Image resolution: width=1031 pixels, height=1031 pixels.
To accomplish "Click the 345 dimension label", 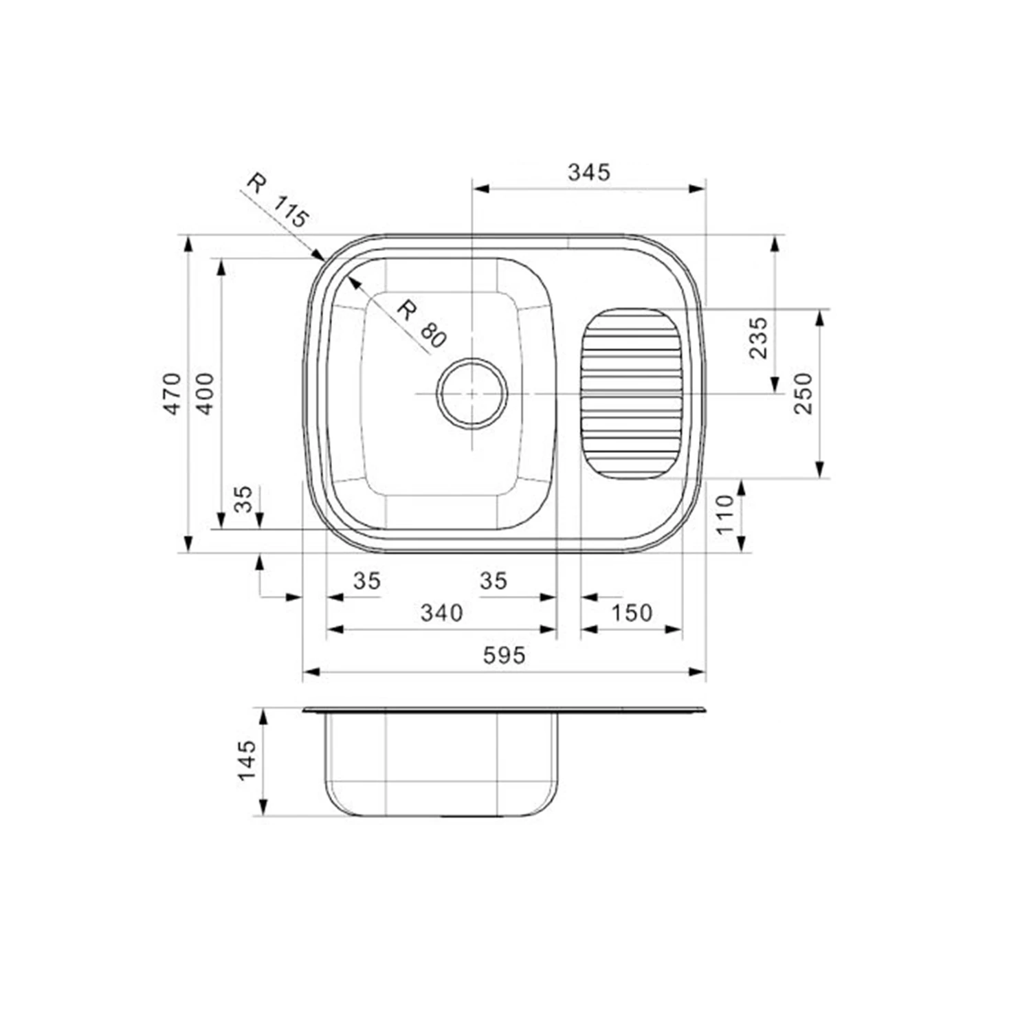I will pos(589,172).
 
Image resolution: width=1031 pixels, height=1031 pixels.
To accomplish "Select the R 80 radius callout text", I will pos(421,324).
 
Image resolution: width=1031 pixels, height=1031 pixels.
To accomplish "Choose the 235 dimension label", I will pos(758,337).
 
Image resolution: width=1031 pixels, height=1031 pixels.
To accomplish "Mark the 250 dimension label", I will pos(803,393).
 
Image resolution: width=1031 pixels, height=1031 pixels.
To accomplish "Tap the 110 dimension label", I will pos(725,515).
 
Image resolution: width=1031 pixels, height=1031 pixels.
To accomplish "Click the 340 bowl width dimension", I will pos(441,612).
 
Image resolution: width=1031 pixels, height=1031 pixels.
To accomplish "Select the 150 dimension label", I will pos(631,612).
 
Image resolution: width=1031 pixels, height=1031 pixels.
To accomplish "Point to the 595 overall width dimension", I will pos(504,655).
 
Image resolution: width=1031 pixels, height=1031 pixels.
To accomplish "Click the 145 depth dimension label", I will pos(247,760).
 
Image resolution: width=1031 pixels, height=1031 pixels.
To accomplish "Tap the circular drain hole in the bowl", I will pos(472,394).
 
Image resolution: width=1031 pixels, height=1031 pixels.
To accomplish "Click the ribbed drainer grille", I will pos(631,394).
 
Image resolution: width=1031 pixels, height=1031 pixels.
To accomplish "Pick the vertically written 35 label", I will pos(243,500).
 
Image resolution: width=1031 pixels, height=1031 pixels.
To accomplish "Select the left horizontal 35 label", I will pos(366,581).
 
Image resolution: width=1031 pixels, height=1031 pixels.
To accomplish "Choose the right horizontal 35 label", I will pos(493,581).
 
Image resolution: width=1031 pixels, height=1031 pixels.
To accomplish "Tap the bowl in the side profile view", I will pos(441,763).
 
